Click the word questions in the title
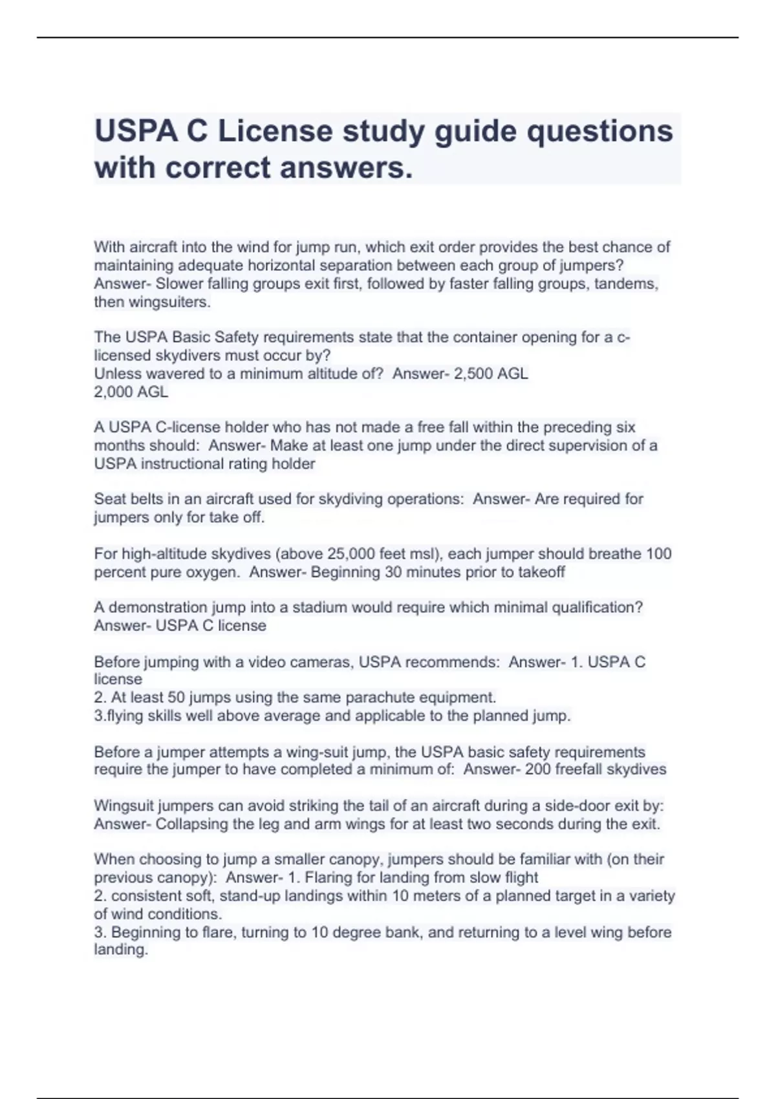coord(599,131)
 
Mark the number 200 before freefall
coord(537,769)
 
